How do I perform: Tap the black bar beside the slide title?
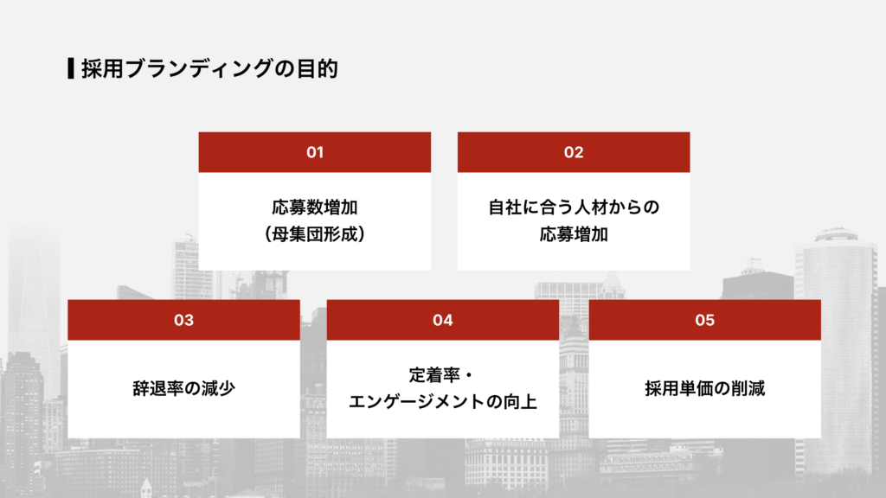(x=70, y=69)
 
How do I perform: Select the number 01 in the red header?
(x=315, y=152)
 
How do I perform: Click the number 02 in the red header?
(x=574, y=152)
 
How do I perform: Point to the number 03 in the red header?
(x=183, y=320)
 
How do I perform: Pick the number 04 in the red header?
(x=443, y=320)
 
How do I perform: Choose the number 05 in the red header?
(x=704, y=320)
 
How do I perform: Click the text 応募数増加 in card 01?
(x=315, y=208)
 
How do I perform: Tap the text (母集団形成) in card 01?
(x=315, y=233)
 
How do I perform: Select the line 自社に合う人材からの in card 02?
(x=574, y=208)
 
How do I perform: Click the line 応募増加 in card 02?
(x=574, y=233)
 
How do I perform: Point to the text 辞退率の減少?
(x=183, y=388)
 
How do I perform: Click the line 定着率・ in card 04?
(x=443, y=376)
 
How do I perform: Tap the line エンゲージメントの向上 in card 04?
(x=443, y=401)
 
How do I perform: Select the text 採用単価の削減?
(x=704, y=388)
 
